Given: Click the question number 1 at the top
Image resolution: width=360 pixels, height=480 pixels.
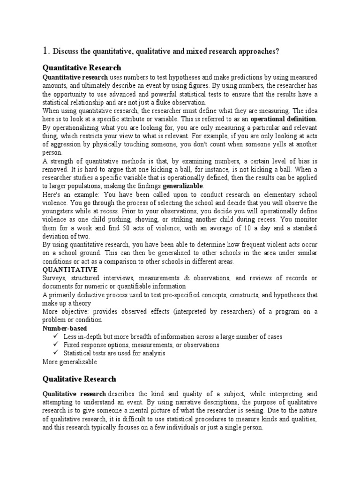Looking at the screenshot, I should click(45, 51).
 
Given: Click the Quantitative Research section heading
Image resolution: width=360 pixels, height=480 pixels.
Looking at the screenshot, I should click(82, 67).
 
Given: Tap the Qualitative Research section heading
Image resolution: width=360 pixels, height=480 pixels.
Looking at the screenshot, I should click(79, 379).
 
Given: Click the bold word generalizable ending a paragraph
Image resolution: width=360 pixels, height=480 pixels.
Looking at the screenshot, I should click(183, 187).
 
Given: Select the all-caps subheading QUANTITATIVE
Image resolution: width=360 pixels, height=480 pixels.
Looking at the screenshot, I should click(70, 270).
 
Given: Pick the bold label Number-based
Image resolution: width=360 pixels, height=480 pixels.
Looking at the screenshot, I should click(61, 328).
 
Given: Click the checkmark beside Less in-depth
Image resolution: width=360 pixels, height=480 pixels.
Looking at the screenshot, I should click(55, 337).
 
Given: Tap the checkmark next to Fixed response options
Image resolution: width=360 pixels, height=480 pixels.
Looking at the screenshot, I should click(55, 345).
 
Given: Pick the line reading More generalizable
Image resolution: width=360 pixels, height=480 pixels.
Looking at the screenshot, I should click(69, 362).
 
